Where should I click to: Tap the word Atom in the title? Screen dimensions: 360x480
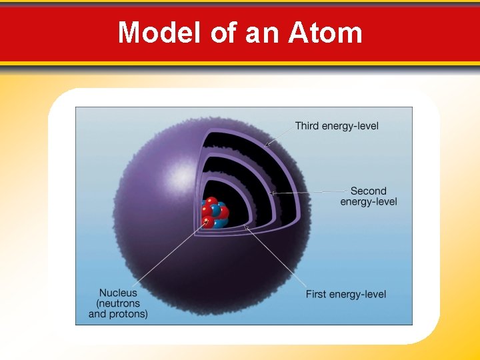coord(325,32)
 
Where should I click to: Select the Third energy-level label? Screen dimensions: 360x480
coord(337,126)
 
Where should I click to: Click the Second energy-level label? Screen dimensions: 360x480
coord(368,196)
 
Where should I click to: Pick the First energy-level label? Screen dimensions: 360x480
coord(345,294)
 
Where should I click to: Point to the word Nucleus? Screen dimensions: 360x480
coord(118,292)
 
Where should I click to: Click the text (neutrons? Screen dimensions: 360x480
coord(118,303)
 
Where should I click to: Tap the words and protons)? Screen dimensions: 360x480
coord(118,313)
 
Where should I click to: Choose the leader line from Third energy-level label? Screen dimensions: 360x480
coord(280,135)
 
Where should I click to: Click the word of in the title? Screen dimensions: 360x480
coord(222,32)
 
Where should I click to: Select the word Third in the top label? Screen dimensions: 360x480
coord(307,126)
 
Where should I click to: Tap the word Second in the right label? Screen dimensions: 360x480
coord(368,191)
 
